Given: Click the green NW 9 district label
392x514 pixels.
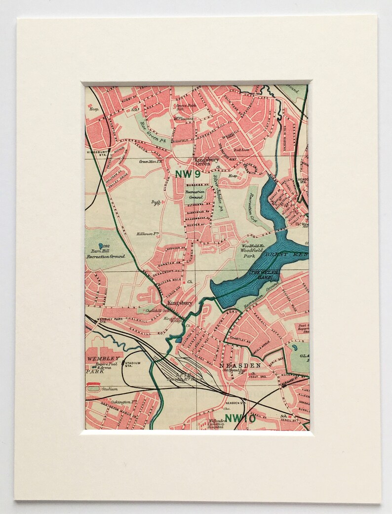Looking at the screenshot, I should (187, 173).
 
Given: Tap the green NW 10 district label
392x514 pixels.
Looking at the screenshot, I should (240, 419).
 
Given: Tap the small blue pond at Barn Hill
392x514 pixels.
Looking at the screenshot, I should (101, 245).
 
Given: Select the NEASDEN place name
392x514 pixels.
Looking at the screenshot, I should (240, 365).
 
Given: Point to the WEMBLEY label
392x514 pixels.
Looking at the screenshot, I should (103, 357).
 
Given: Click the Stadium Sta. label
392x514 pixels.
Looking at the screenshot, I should (132, 365).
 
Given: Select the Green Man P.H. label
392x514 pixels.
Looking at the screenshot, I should (151, 161).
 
